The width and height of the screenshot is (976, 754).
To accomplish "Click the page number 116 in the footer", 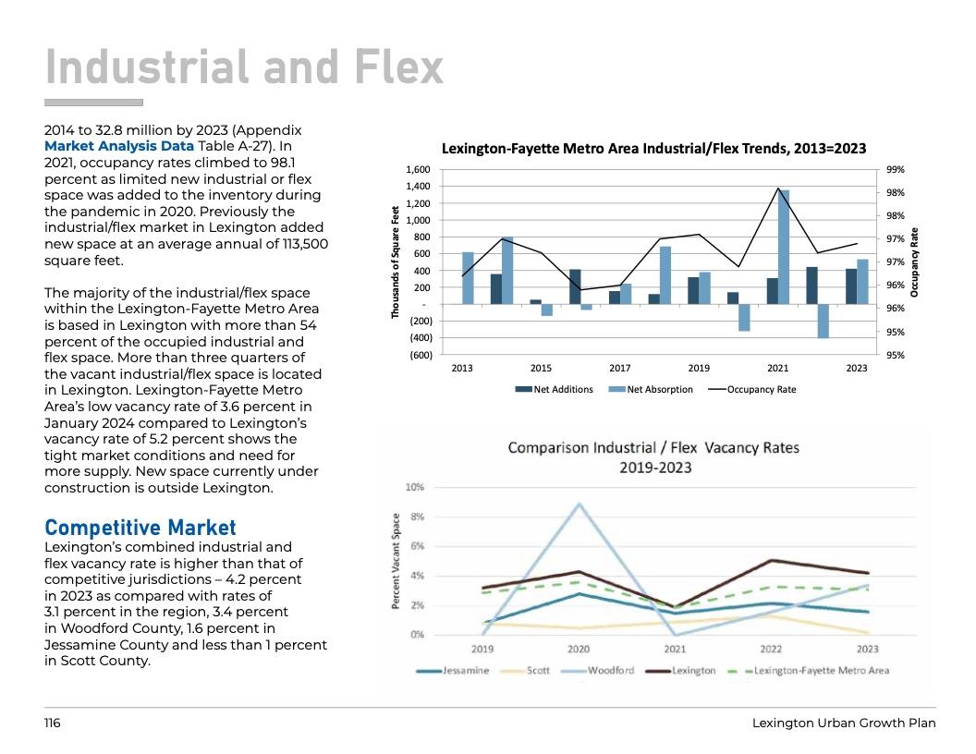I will tap(53, 723).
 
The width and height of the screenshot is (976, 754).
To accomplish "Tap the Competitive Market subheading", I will tap(140, 528).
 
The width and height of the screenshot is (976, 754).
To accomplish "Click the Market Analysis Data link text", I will tap(119, 146).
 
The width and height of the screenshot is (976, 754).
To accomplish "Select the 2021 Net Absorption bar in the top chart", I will tap(784, 247).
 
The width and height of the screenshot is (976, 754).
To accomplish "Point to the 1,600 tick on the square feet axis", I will tap(419, 170).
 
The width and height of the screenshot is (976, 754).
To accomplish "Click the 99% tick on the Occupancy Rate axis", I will tap(895, 170).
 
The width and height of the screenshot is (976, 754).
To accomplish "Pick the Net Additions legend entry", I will tap(554, 389).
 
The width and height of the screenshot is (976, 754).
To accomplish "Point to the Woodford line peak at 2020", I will tap(579, 504).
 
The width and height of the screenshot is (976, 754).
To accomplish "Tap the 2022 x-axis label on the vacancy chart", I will tap(771, 649).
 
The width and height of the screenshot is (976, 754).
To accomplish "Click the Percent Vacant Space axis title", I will tap(396, 561).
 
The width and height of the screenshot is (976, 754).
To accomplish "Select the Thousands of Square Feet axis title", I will tap(396, 262).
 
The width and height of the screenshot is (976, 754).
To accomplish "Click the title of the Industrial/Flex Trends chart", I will tap(653, 148).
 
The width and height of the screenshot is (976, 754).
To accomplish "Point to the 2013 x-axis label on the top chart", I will tap(462, 368).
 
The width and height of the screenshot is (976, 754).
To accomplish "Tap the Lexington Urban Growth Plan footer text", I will tap(844, 723).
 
